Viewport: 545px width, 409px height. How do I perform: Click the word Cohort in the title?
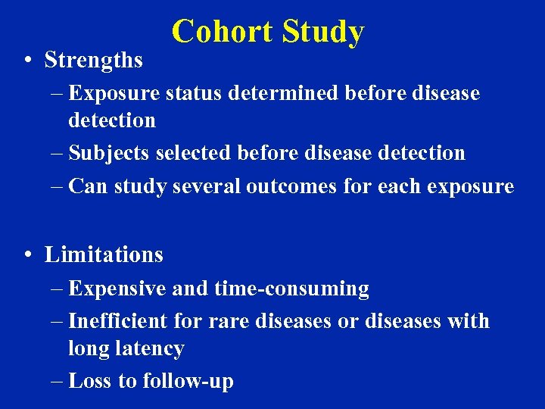[223, 32]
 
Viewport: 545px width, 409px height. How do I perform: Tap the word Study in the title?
[322, 32]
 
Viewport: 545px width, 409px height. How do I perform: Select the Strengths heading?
[93, 60]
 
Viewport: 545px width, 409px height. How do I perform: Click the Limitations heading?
[104, 254]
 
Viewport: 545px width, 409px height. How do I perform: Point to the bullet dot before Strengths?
[26, 61]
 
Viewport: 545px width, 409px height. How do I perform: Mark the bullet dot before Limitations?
[26, 255]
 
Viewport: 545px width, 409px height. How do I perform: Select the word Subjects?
[109, 153]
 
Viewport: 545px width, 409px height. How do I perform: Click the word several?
[207, 186]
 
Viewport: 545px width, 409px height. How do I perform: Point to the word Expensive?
[117, 289]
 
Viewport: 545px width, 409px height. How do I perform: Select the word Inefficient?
[118, 321]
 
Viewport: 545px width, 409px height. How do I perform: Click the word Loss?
[90, 380]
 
